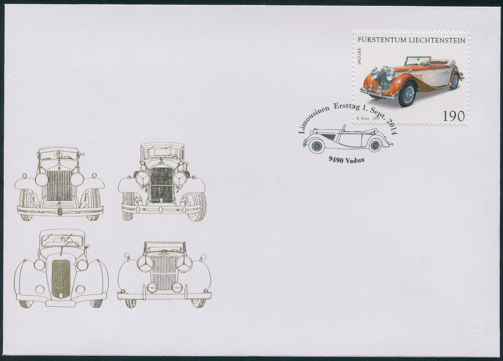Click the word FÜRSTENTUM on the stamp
click(x=382, y=40)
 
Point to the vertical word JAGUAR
click(x=359, y=57)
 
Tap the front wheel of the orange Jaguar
click(x=407, y=94)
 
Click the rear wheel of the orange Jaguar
click(x=455, y=81)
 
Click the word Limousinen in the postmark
click(x=313, y=119)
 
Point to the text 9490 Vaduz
click(x=347, y=160)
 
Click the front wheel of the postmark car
click(x=315, y=146)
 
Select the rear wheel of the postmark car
click(x=375, y=145)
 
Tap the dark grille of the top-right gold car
click(x=161, y=185)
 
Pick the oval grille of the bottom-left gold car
click(x=61, y=279)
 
